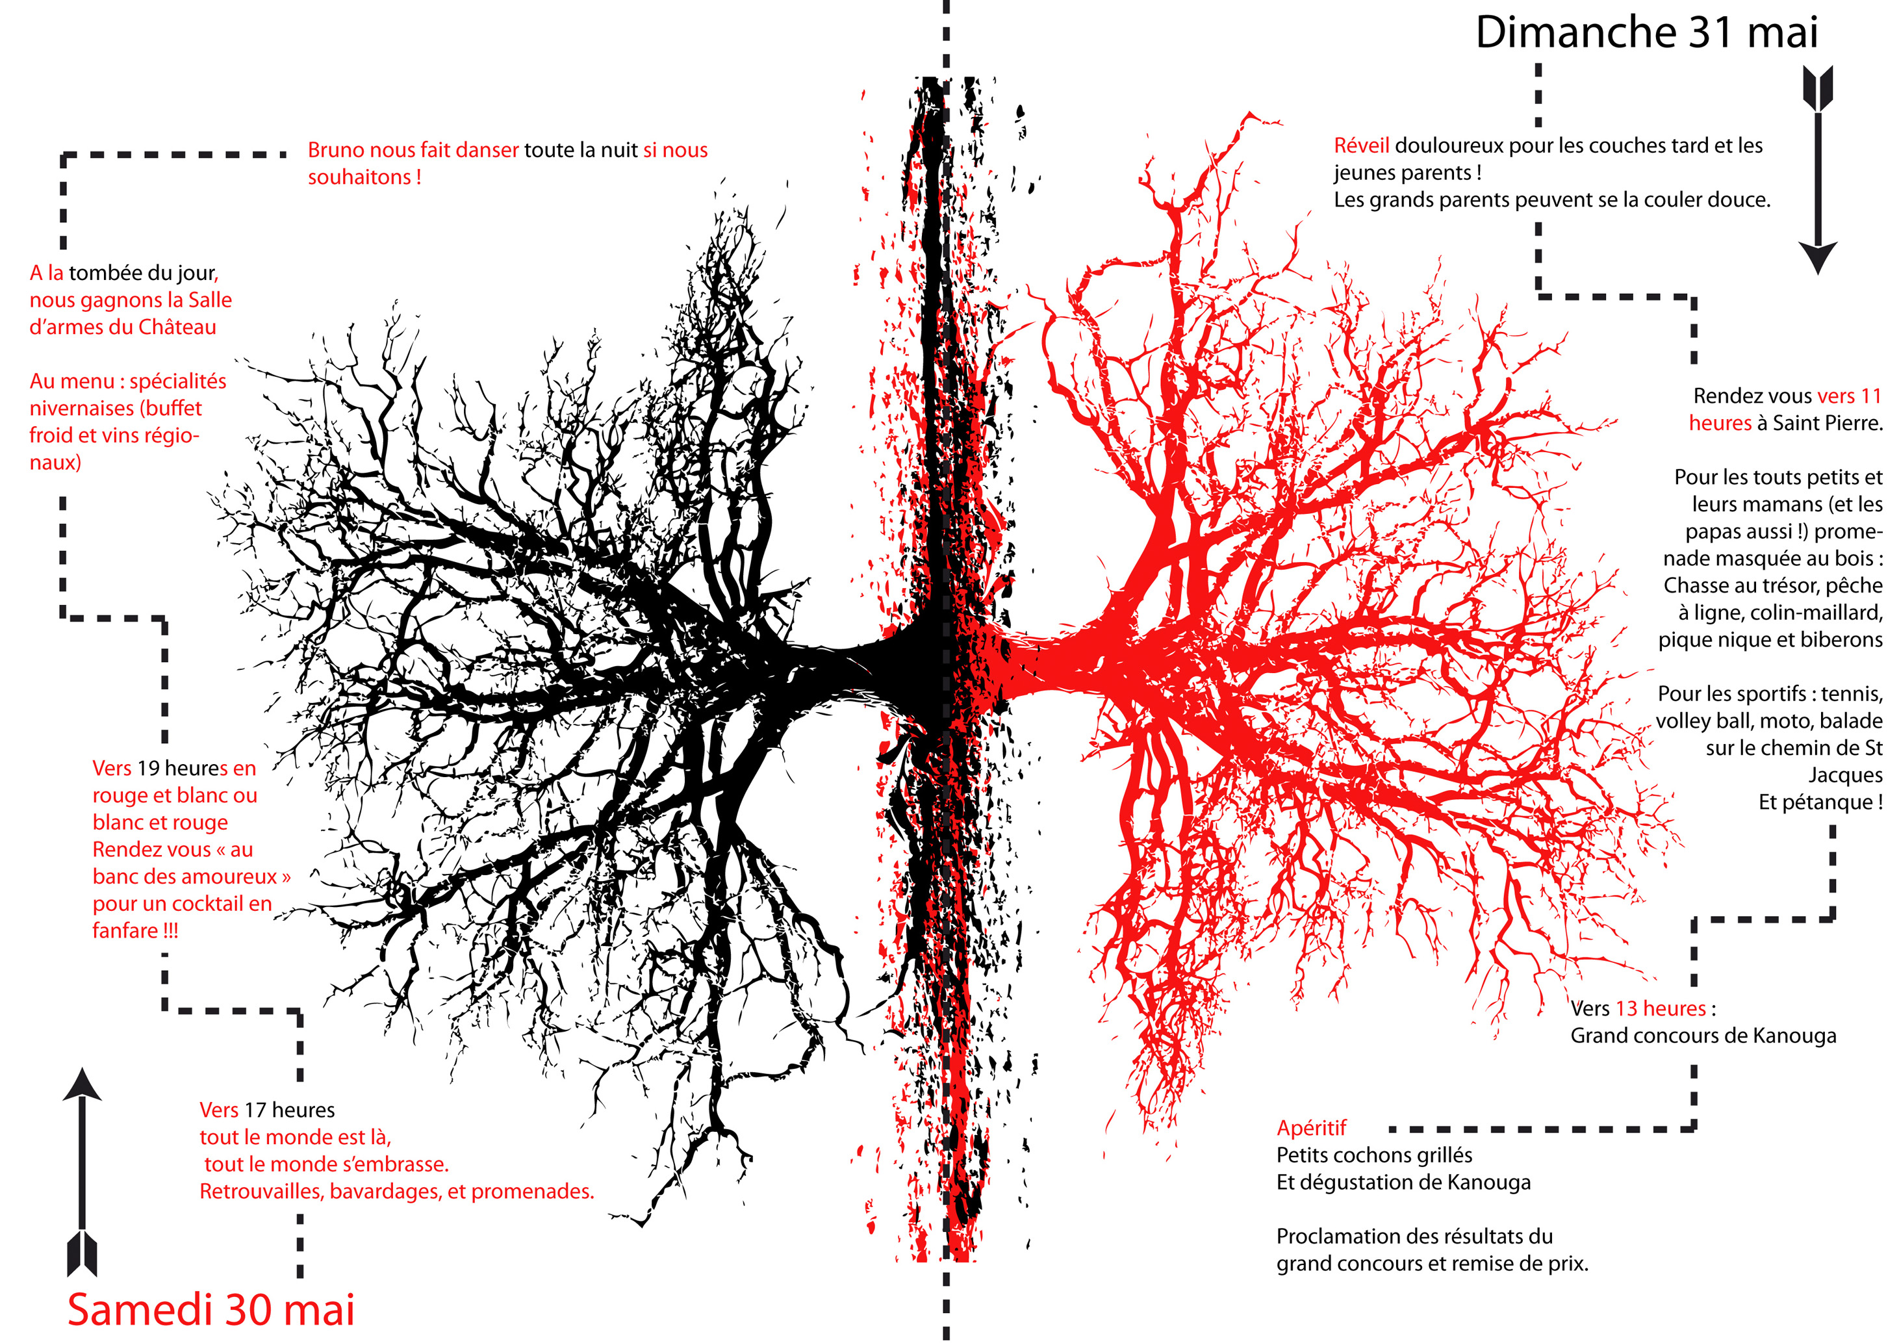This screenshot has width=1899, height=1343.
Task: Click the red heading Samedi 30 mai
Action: [211, 1310]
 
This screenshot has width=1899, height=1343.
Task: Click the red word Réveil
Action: [1361, 146]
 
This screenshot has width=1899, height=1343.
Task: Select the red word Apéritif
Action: [1311, 1128]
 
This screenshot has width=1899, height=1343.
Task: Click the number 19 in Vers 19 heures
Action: [148, 768]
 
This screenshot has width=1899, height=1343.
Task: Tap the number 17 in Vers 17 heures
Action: [255, 1110]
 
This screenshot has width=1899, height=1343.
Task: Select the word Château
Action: [177, 327]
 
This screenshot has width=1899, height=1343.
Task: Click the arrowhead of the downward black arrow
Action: [1818, 258]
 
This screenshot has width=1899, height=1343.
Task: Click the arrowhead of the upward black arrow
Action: [82, 1084]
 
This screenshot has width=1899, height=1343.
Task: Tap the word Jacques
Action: [1845, 776]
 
